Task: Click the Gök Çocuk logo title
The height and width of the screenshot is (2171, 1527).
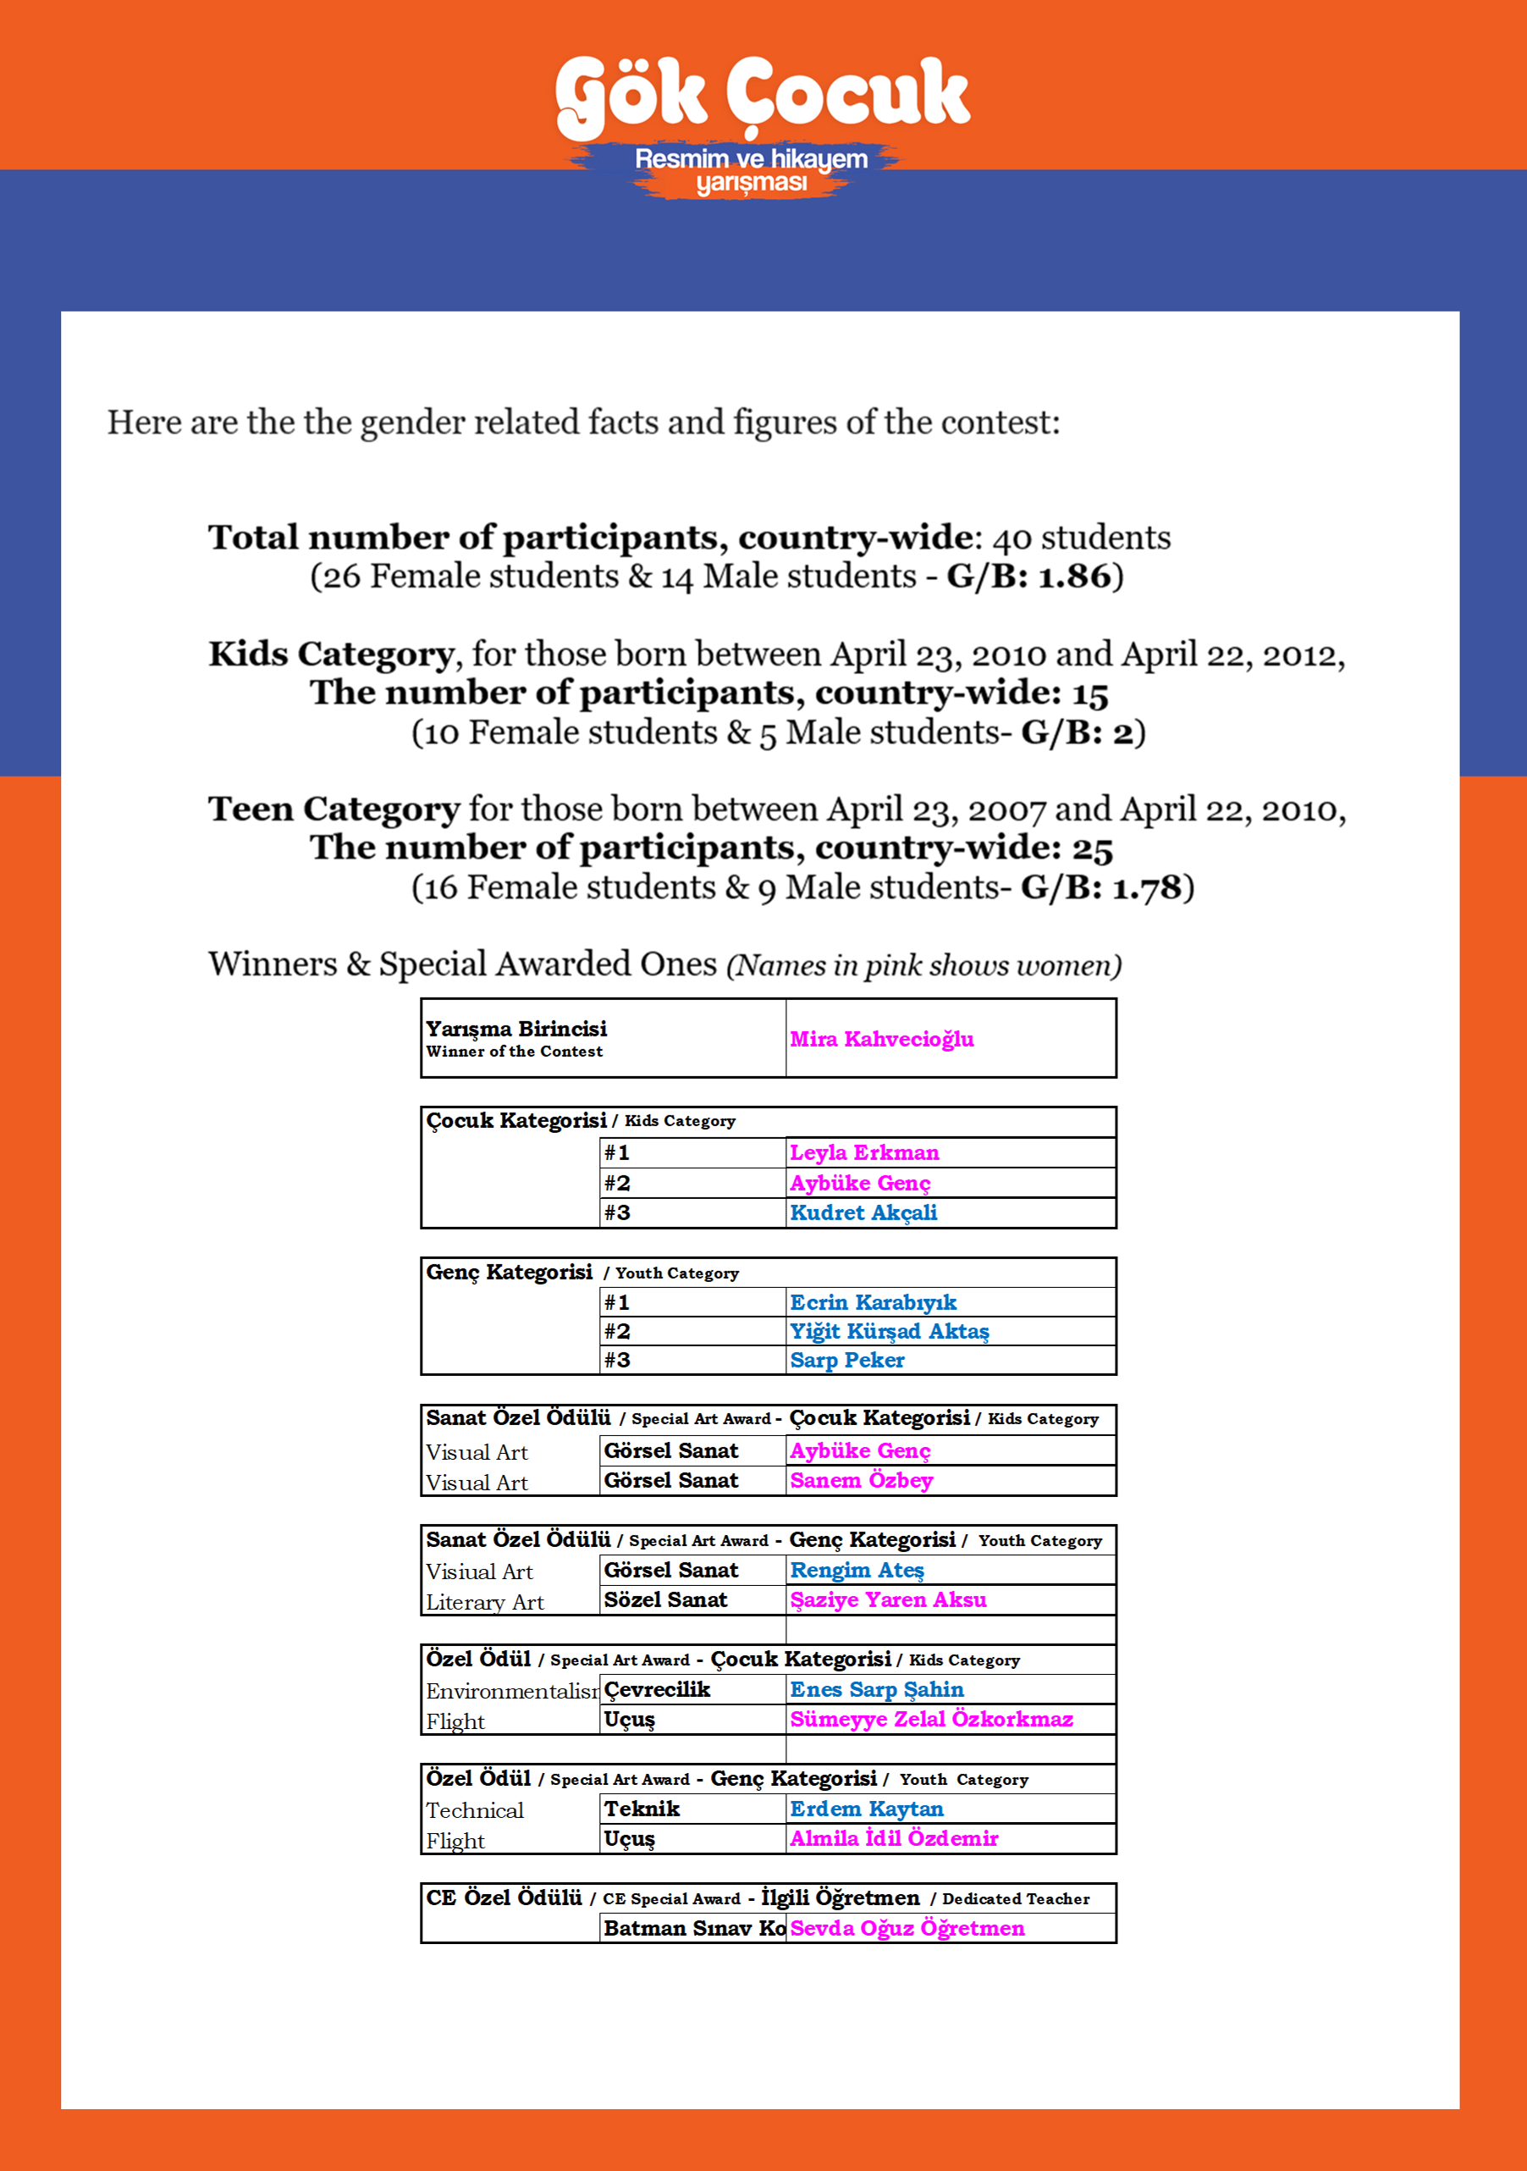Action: tap(762, 95)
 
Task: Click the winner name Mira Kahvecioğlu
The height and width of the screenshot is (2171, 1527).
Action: tap(881, 1039)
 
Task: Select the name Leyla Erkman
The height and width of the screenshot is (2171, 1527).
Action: tap(864, 1152)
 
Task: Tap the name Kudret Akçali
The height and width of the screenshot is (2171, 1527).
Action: tap(863, 1213)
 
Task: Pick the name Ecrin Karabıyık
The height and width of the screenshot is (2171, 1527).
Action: tap(873, 1302)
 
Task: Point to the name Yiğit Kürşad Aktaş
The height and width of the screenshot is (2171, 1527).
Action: tap(889, 1331)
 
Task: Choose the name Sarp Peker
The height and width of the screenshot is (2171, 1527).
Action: tap(847, 1360)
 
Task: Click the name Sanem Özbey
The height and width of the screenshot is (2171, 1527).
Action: tap(862, 1480)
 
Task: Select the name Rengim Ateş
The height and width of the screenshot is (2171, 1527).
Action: tap(857, 1570)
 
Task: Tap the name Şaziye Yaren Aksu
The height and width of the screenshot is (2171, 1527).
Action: tap(888, 1599)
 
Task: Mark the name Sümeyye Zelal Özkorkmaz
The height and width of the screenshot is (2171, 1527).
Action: tap(931, 1718)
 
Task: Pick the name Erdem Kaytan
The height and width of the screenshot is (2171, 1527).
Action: tap(866, 1808)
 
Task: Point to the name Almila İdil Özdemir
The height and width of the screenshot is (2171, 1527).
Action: tap(894, 1838)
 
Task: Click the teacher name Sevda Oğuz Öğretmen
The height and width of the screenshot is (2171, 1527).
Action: tap(907, 1928)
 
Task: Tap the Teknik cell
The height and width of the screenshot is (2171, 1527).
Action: tap(642, 1808)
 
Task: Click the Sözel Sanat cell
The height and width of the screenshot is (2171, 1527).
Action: tap(665, 1599)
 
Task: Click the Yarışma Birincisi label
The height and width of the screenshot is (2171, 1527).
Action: tap(516, 1029)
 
